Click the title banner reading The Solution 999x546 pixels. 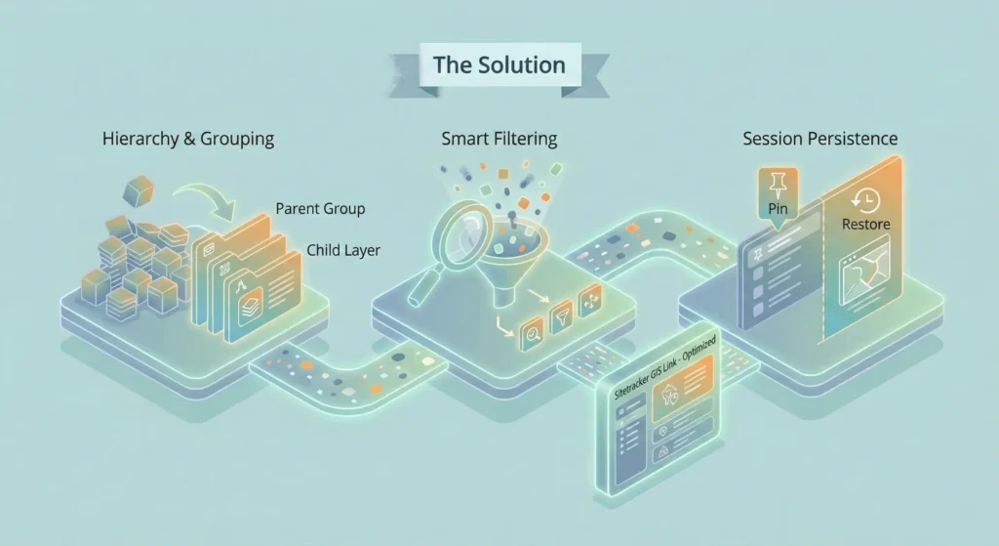pos(499,66)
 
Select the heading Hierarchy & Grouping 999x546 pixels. pos(188,139)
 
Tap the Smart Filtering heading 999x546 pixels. pos(499,139)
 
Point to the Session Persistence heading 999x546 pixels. pos(819,139)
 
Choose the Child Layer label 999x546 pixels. pos(342,250)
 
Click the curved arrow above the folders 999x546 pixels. pos(215,194)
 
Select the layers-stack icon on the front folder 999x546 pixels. pos(251,314)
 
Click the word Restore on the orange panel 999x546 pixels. pos(865,225)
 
